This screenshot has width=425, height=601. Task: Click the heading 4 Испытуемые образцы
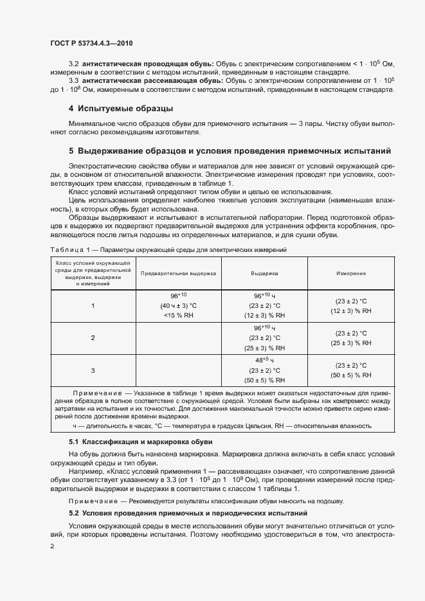click(121, 108)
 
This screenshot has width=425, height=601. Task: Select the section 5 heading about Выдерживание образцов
click(230, 152)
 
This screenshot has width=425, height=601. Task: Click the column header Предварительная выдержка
click(179, 273)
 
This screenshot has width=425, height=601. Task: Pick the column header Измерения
click(351, 273)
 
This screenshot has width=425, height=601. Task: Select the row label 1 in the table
click(93, 305)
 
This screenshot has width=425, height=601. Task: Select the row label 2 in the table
click(93, 337)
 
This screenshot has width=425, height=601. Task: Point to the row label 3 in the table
click(93, 370)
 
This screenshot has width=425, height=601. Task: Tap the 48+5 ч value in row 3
click(264, 360)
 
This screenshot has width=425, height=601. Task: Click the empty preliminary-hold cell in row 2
click(178, 337)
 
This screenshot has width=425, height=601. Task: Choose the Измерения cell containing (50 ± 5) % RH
click(351, 375)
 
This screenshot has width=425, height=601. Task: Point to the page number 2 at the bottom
click(52, 546)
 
